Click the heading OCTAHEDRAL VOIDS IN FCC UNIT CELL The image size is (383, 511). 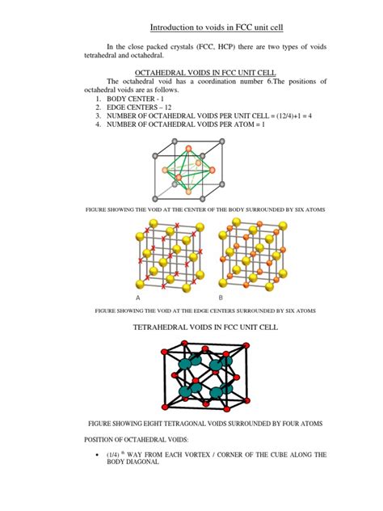(x=191, y=71)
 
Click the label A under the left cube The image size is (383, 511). (x=138, y=298)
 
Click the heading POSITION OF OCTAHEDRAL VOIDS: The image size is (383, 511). (x=133, y=438)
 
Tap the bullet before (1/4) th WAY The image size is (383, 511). (x=97, y=455)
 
